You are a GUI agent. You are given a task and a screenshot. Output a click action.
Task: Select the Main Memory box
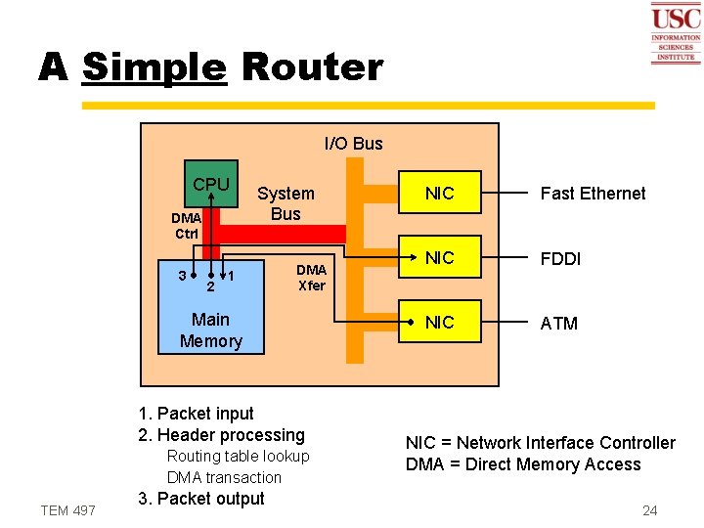(x=211, y=330)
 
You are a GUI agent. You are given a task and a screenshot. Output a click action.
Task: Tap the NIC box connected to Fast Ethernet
(x=440, y=194)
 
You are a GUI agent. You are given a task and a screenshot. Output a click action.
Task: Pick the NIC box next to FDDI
(x=440, y=258)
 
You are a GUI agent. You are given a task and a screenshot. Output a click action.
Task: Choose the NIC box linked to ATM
(x=440, y=323)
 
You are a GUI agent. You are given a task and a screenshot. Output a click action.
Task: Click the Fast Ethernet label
(x=593, y=194)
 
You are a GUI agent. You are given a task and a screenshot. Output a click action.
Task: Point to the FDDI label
(x=560, y=259)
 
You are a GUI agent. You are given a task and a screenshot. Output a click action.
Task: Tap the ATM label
(x=558, y=324)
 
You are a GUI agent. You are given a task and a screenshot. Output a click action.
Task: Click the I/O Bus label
(x=353, y=144)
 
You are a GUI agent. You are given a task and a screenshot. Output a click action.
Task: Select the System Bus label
(x=286, y=203)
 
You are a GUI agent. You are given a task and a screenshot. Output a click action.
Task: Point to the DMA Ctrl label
(x=186, y=226)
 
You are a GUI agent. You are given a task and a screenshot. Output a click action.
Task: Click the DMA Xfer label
(x=311, y=278)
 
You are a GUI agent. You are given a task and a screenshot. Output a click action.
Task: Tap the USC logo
(x=676, y=33)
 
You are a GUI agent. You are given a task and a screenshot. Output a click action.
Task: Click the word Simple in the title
(x=154, y=67)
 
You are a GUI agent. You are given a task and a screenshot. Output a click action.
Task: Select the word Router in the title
(x=311, y=67)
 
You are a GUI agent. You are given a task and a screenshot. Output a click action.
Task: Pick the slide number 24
(x=649, y=510)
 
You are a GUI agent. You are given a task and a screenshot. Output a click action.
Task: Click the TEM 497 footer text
(x=67, y=510)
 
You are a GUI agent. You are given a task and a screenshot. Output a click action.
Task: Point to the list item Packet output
(x=201, y=499)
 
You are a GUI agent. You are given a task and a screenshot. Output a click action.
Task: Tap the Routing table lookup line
(x=238, y=457)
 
